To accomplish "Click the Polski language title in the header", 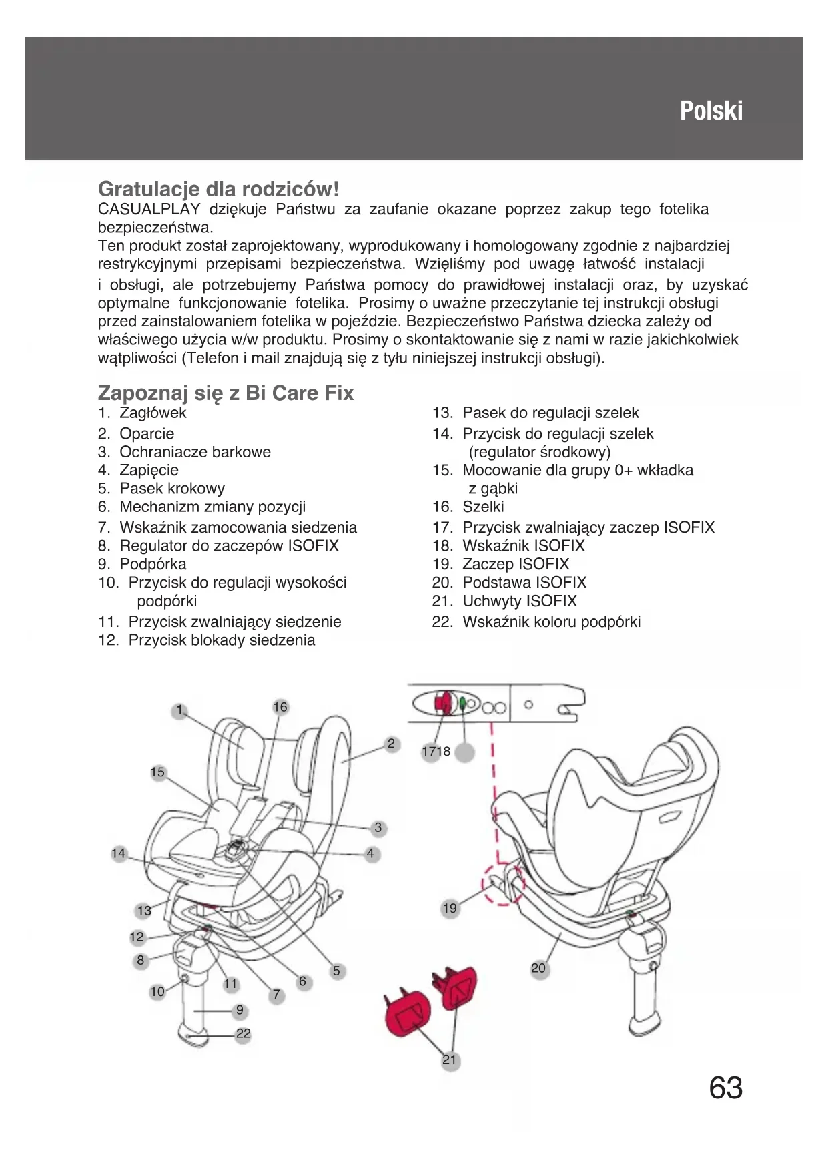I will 711,111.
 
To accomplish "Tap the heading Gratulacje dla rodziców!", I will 218,189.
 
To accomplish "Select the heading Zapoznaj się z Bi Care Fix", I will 226,393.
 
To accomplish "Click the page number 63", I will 725,1088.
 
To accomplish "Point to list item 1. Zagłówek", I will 142,413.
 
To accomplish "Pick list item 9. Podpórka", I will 142,564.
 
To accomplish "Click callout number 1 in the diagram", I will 179,710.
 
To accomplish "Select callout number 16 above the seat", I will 280,707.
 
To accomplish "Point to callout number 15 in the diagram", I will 157,772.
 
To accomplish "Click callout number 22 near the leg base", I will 244,1034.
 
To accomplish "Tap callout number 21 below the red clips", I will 450,1060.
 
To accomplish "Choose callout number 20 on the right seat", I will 538,968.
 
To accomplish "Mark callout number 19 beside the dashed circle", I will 450,908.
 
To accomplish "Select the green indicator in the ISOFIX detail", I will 462,703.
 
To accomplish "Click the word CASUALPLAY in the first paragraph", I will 149,209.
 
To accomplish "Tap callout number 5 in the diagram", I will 336,971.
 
